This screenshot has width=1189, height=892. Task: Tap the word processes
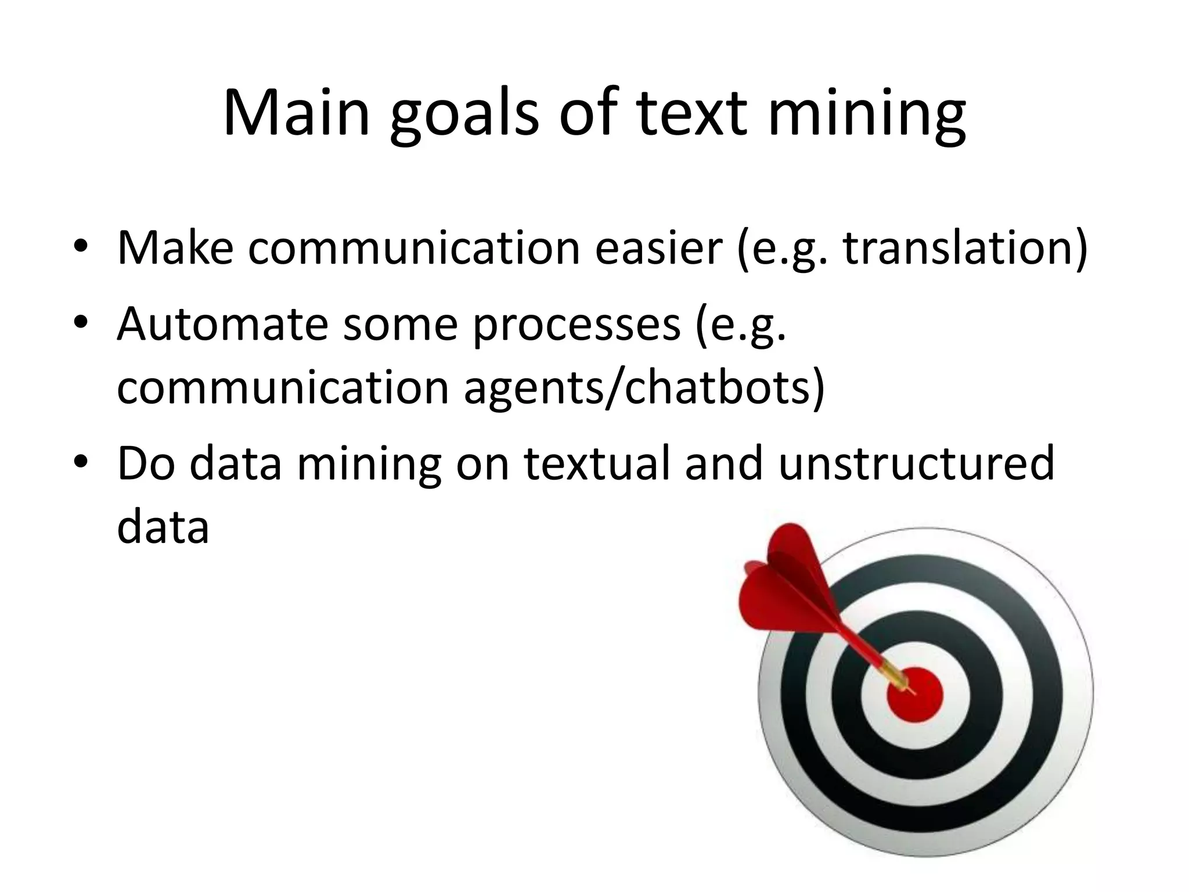coord(576,328)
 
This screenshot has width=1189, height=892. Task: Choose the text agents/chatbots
coord(643,389)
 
